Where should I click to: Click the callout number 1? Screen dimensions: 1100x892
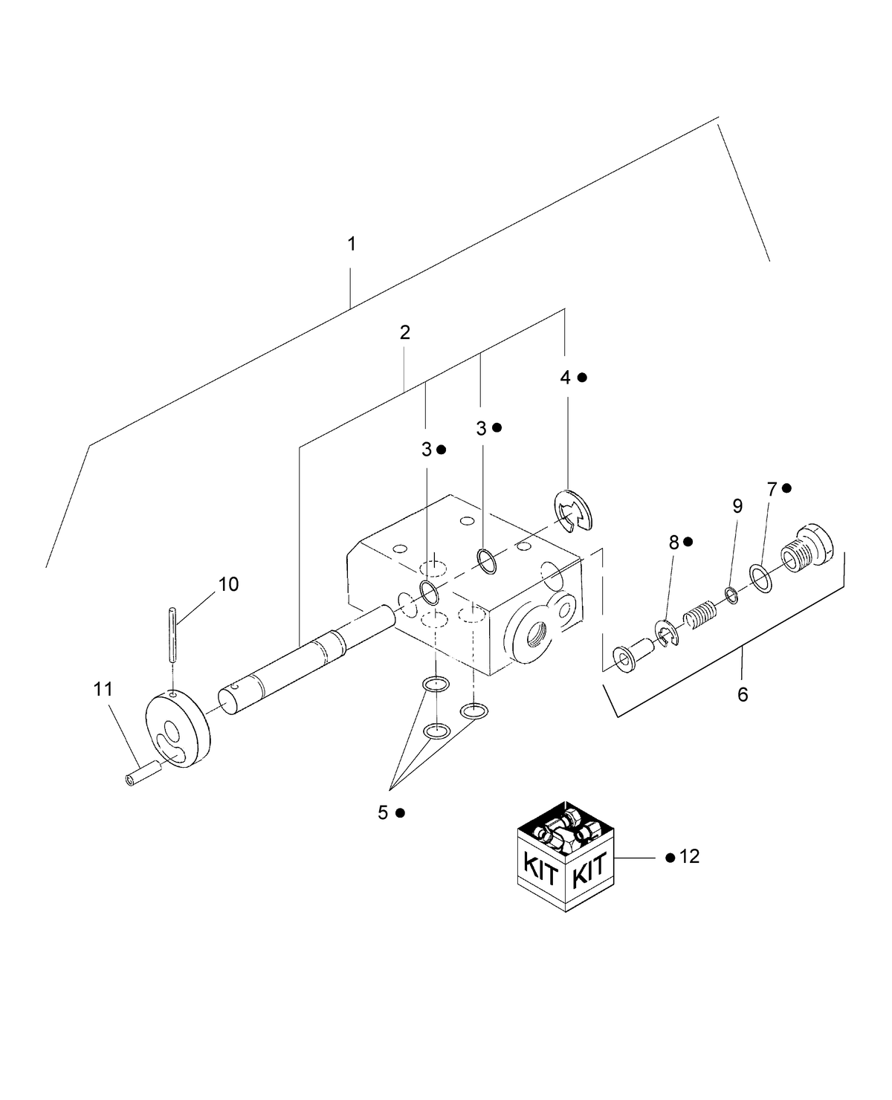click(x=352, y=244)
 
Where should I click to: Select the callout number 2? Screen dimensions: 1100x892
click(x=404, y=332)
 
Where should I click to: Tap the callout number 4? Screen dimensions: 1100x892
click(x=565, y=378)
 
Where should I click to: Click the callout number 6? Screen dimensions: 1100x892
click(x=743, y=695)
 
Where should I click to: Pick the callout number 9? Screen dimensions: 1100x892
click(x=737, y=506)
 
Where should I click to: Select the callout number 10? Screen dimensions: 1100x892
click(x=228, y=584)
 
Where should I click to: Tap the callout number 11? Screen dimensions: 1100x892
click(x=103, y=689)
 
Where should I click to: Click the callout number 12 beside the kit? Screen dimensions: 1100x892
click(x=689, y=857)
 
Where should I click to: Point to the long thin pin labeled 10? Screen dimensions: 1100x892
click(x=172, y=635)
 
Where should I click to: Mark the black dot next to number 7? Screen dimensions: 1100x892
click(x=786, y=488)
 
